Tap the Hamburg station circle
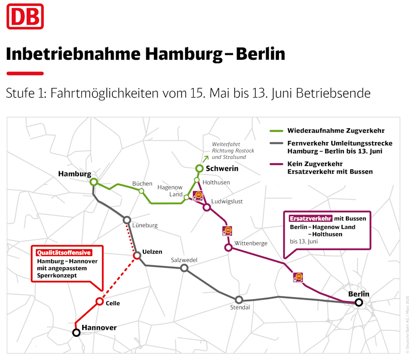[94, 182]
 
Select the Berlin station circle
[359, 303]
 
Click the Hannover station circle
[76, 333]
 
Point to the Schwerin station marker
[199, 169]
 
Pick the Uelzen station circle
[137, 256]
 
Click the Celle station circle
[100, 301]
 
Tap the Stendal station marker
[239, 300]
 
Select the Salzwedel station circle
[184, 268]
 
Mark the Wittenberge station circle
[228, 248]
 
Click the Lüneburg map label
[145, 225]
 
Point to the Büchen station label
[142, 183]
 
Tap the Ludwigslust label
[227, 201]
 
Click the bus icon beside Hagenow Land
[198, 196]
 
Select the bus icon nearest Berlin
[298, 277]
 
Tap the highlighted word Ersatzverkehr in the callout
[311, 218]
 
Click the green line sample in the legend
[276, 131]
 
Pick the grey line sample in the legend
[276, 144]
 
